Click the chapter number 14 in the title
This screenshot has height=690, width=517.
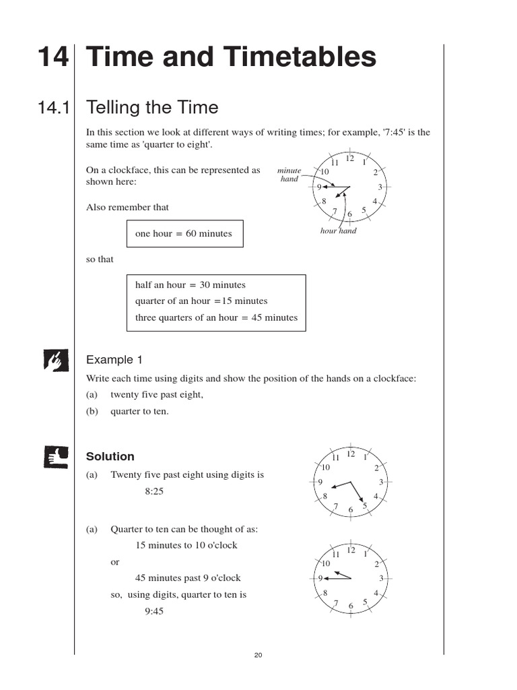[53, 57]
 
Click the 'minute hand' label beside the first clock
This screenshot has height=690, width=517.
[289, 175]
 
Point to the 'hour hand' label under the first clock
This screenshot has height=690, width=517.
[339, 231]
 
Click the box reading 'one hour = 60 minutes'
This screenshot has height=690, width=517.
[184, 234]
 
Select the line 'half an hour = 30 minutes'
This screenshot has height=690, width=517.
[191, 285]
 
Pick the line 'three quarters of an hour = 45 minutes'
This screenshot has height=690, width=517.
[216, 317]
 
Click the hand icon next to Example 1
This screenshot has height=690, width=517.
[56, 360]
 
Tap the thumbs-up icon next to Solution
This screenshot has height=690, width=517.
[56, 457]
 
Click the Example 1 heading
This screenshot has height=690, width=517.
[114, 360]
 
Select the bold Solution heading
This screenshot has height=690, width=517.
[110, 457]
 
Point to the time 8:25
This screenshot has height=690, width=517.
[154, 491]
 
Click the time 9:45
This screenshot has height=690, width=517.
[154, 611]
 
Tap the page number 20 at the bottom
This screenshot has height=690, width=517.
[258, 656]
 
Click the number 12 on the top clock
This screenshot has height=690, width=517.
[350, 159]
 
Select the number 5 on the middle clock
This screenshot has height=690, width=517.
[364, 505]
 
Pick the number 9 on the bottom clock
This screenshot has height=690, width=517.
[320, 578]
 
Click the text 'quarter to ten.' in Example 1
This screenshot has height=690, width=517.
[140, 411]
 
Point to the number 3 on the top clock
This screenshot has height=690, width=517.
[380, 187]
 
